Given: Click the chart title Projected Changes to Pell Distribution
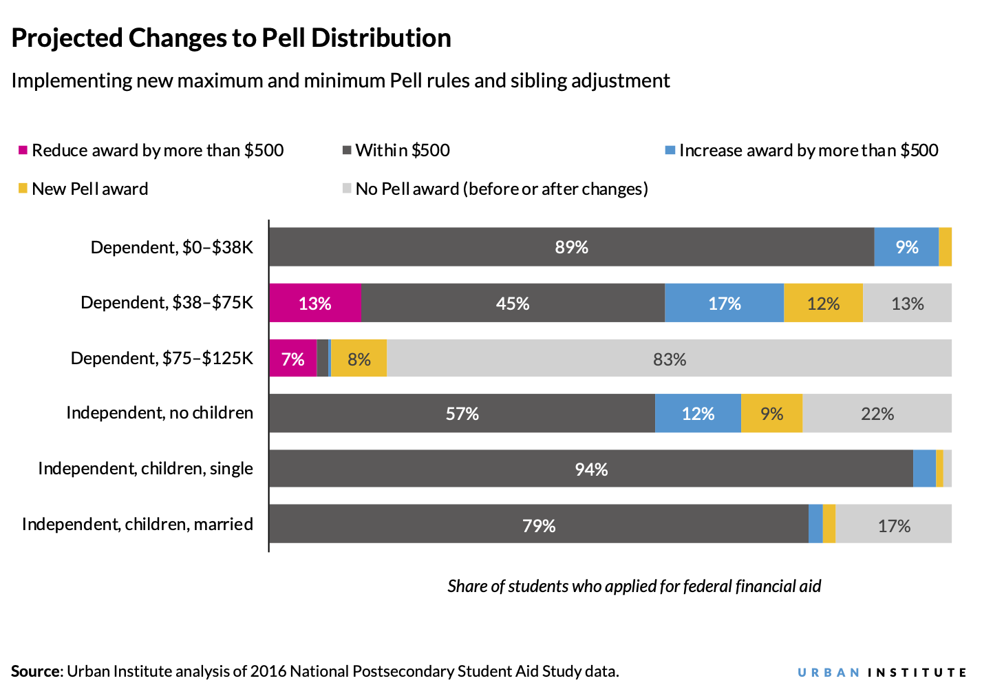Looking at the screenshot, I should [231, 38].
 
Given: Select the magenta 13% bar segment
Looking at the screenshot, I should [315, 303].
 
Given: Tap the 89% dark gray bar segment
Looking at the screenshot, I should [571, 247].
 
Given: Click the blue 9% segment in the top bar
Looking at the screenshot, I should [906, 247].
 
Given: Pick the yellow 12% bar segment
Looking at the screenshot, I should [823, 303].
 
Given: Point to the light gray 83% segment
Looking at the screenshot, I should [669, 359].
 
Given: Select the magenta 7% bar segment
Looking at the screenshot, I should [292, 359].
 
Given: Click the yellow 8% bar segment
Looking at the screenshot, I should [359, 359].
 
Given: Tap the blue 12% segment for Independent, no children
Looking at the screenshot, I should [698, 414].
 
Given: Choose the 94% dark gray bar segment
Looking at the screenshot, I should [590, 469].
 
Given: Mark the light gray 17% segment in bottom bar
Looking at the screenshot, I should [893, 525].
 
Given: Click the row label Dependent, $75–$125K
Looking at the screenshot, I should [162, 358].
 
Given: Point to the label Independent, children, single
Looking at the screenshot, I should [145, 469].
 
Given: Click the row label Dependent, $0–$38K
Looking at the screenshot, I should [172, 247].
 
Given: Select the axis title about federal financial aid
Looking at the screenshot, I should [634, 586].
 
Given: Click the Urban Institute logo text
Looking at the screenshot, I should [882, 673].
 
